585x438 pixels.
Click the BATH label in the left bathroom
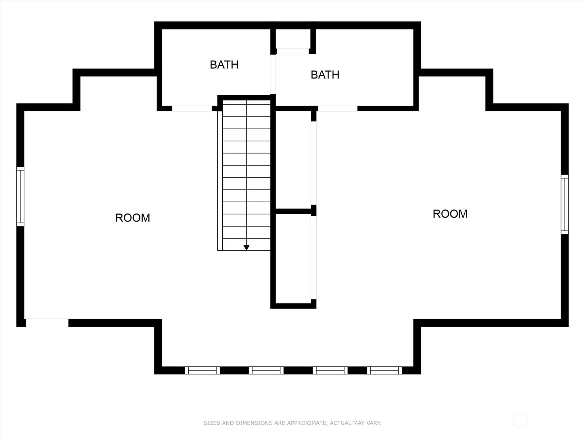point(224,65)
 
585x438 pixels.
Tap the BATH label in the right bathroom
point(325,75)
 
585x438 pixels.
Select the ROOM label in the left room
point(132,218)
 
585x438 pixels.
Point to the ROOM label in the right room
point(450,214)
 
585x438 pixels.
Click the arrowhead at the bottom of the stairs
point(246,247)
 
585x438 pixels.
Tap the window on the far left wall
point(20,196)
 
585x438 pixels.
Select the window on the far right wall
point(565,204)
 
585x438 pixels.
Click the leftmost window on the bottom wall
point(202,370)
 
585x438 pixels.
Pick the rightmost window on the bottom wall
point(384,370)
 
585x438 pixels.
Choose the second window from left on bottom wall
point(266,370)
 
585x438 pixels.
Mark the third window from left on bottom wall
point(330,370)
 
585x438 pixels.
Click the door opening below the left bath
point(192,108)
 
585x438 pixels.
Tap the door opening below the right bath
point(337,108)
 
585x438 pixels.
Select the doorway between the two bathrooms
point(273,74)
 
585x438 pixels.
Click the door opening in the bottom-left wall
point(47,323)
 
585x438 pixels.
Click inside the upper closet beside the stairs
point(293,160)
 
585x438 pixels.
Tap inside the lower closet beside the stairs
point(293,258)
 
